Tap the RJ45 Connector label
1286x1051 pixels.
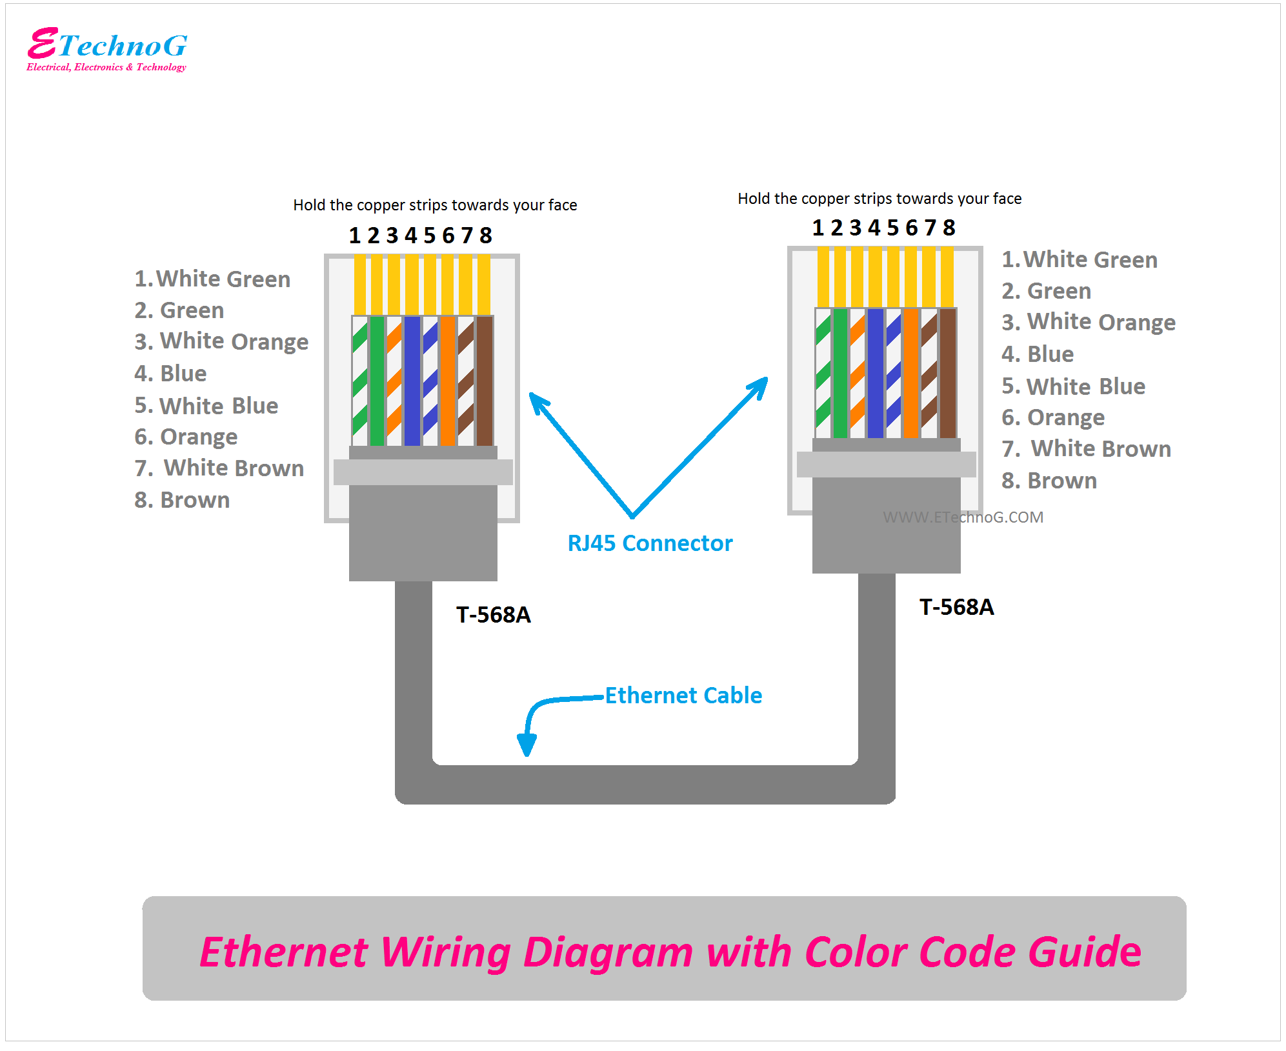[650, 543]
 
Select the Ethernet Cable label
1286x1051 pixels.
[683, 696]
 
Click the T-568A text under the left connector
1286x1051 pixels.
[493, 615]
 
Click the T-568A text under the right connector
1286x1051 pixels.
[956, 607]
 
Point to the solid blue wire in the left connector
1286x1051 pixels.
[412, 381]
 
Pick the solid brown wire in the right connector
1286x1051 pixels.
[948, 373]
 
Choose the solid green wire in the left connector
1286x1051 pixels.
[377, 381]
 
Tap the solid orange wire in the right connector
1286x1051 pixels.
[911, 373]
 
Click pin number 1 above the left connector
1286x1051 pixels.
[354, 235]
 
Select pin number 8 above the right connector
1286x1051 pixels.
[949, 228]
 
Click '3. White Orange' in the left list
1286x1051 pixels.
[221, 341]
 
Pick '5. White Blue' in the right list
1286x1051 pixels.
[1073, 386]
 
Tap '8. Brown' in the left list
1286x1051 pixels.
[182, 500]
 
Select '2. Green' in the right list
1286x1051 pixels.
[1046, 291]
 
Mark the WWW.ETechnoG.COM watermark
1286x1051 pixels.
[963, 517]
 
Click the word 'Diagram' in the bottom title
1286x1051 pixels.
[607, 952]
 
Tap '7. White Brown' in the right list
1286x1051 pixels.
[1086, 448]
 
